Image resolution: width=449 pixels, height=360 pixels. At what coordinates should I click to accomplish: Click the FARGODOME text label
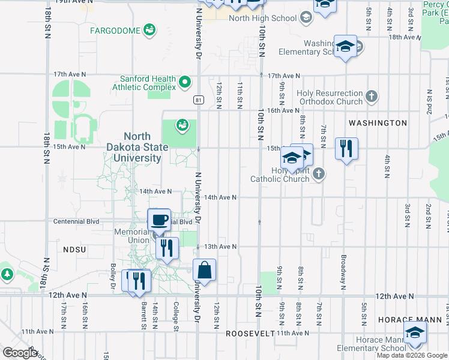coord(115,31)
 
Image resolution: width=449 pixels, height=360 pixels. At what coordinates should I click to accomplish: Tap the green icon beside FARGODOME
coord(149,30)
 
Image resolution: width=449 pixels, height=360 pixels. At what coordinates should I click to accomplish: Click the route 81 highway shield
coord(197,100)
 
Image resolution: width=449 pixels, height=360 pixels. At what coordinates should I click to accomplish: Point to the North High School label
coord(263,18)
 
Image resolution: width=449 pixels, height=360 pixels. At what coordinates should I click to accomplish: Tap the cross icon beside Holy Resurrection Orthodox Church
coord(372,95)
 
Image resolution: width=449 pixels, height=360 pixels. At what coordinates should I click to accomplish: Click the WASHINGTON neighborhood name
coord(378,123)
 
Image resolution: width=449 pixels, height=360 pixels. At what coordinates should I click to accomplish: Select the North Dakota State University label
coord(142,148)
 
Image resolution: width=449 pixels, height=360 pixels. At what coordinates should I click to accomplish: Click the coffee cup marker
coord(159,220)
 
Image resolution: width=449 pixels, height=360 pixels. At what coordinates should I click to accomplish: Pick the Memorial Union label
coord(131,236)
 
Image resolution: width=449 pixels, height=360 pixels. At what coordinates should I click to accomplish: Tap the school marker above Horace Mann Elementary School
coord(415,333)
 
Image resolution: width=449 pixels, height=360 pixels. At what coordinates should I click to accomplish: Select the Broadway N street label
coord(343,268)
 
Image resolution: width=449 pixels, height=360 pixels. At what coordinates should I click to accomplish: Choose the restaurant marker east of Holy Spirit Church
coord(346,148)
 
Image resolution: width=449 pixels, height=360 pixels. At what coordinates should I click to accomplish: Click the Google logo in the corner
coord(20,352)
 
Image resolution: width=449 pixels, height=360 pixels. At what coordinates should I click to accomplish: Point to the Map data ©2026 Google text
coord(412,355)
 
